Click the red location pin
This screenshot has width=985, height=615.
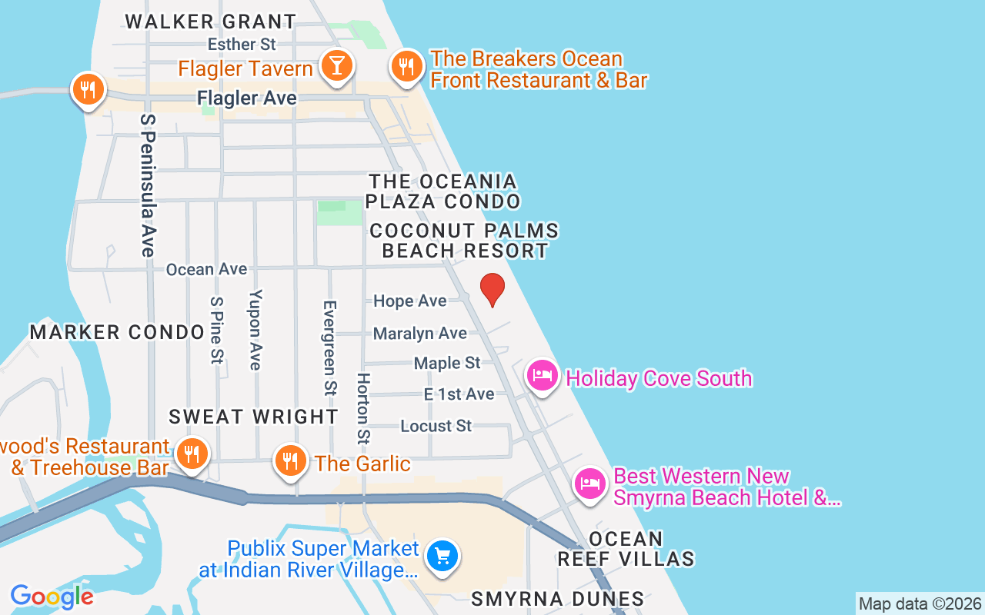pos(492,289)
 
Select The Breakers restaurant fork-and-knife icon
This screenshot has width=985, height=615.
pos(406,67)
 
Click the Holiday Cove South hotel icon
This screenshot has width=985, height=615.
pos(542,376)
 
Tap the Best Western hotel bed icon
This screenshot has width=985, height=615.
pos(589,484)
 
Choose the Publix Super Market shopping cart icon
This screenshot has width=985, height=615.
pos(442,554)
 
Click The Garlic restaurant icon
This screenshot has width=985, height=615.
pos(289,460)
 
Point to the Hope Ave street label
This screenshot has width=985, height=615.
pos(409,301)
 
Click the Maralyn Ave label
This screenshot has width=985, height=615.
pos(419,333)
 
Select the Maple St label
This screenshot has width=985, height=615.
pos(447,362)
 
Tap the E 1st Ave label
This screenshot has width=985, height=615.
pos(459,394)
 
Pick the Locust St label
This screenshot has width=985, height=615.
pos(436,425)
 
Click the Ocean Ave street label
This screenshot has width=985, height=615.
pos(207,269)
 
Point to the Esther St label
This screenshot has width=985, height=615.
pos(242,45)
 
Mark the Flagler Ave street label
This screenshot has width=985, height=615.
pos(247,98)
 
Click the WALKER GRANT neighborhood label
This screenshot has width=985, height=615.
pos(210,22)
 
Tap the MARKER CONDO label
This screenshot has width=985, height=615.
pos(117,332)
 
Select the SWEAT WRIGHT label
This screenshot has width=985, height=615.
pos(253,417)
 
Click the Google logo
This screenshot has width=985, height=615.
pos(52,596)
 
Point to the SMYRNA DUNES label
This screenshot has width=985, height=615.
pos(557,599)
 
